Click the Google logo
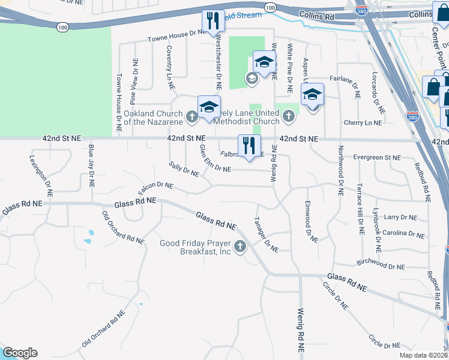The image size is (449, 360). click(20, 353)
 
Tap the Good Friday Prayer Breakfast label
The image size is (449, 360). click(196, 247)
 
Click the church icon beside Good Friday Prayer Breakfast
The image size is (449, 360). click(240, 246)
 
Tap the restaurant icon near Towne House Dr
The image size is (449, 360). click(212, 21)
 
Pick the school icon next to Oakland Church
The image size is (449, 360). click(208, 107)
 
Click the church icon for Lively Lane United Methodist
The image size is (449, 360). click(289, 116)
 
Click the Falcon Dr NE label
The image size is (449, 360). click(155, 188)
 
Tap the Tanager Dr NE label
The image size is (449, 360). click(267, 235)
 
